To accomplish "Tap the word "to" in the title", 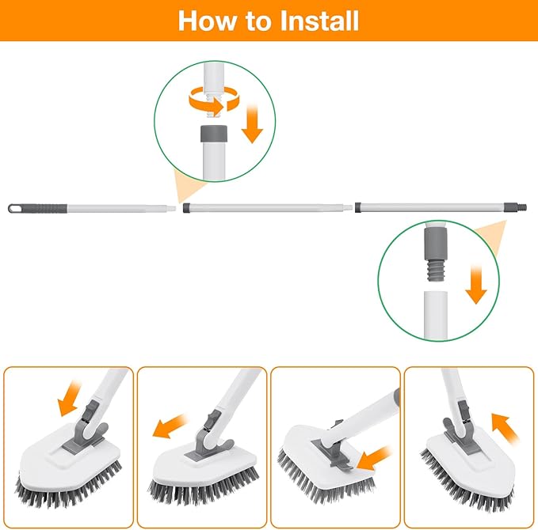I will [256, 20].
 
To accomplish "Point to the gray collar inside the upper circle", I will [212, 132].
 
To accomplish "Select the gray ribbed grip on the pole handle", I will [48, 207].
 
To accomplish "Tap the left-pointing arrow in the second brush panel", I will [170, 428].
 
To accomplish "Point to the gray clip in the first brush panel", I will [90, 419].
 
